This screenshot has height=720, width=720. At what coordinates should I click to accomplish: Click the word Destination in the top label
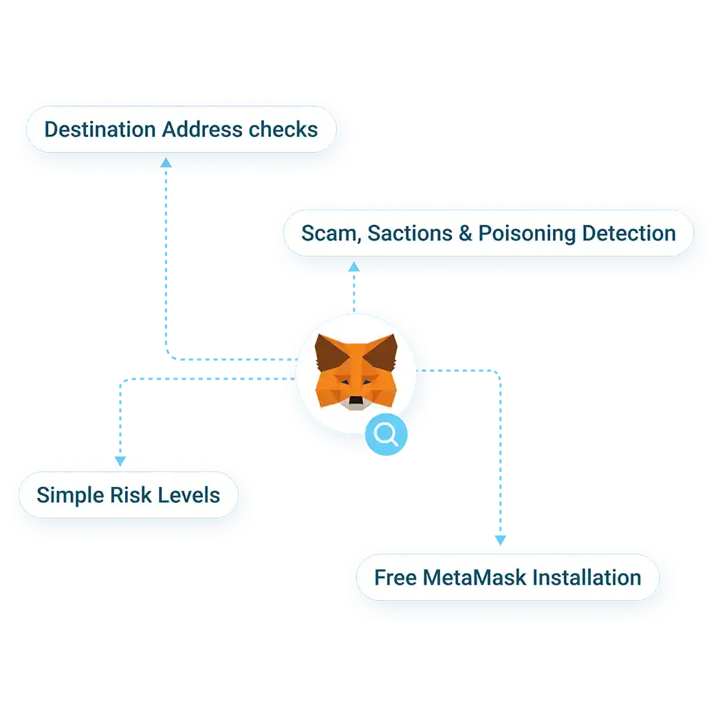point(100,129)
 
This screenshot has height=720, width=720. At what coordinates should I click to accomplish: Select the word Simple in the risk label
point(68,496)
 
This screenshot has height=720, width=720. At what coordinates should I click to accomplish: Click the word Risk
point(129,495)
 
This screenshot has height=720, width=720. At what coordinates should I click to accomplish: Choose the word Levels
point(189,495)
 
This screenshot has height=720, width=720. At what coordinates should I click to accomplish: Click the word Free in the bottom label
point(395,578)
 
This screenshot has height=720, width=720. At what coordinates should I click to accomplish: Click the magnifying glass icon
point(385,433)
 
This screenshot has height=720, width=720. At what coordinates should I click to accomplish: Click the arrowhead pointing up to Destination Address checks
point(166,162)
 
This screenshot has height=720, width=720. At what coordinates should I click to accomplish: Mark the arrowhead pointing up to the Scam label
point(354,266)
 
